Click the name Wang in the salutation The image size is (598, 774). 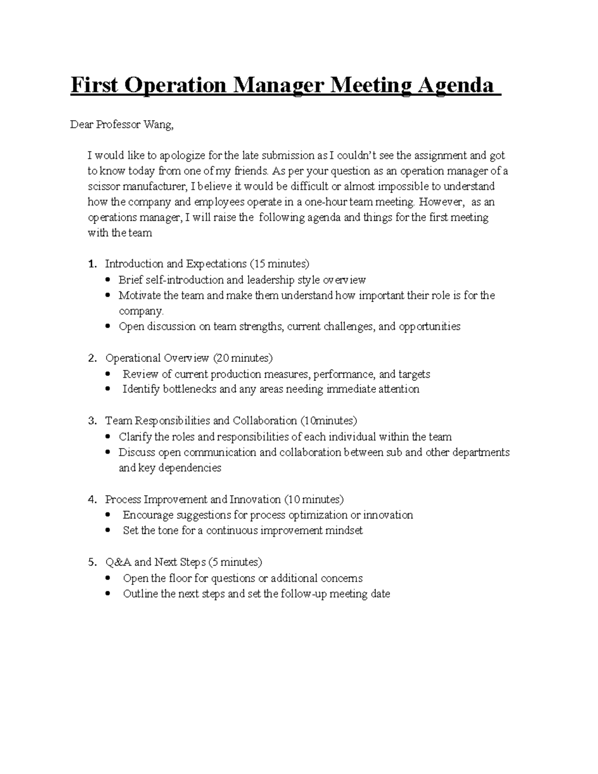point(158,125)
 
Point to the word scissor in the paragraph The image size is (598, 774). point(104,186)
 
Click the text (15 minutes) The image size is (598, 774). point(279,264)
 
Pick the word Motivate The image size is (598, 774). point(140,295)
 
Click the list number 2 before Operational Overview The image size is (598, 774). point(91,358)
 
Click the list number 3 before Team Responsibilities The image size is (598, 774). point(91,421)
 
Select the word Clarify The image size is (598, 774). point(136,437)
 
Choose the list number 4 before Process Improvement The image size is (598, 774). point(91,499)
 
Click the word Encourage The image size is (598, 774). point(148,515)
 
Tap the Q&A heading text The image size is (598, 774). point(118,562)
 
